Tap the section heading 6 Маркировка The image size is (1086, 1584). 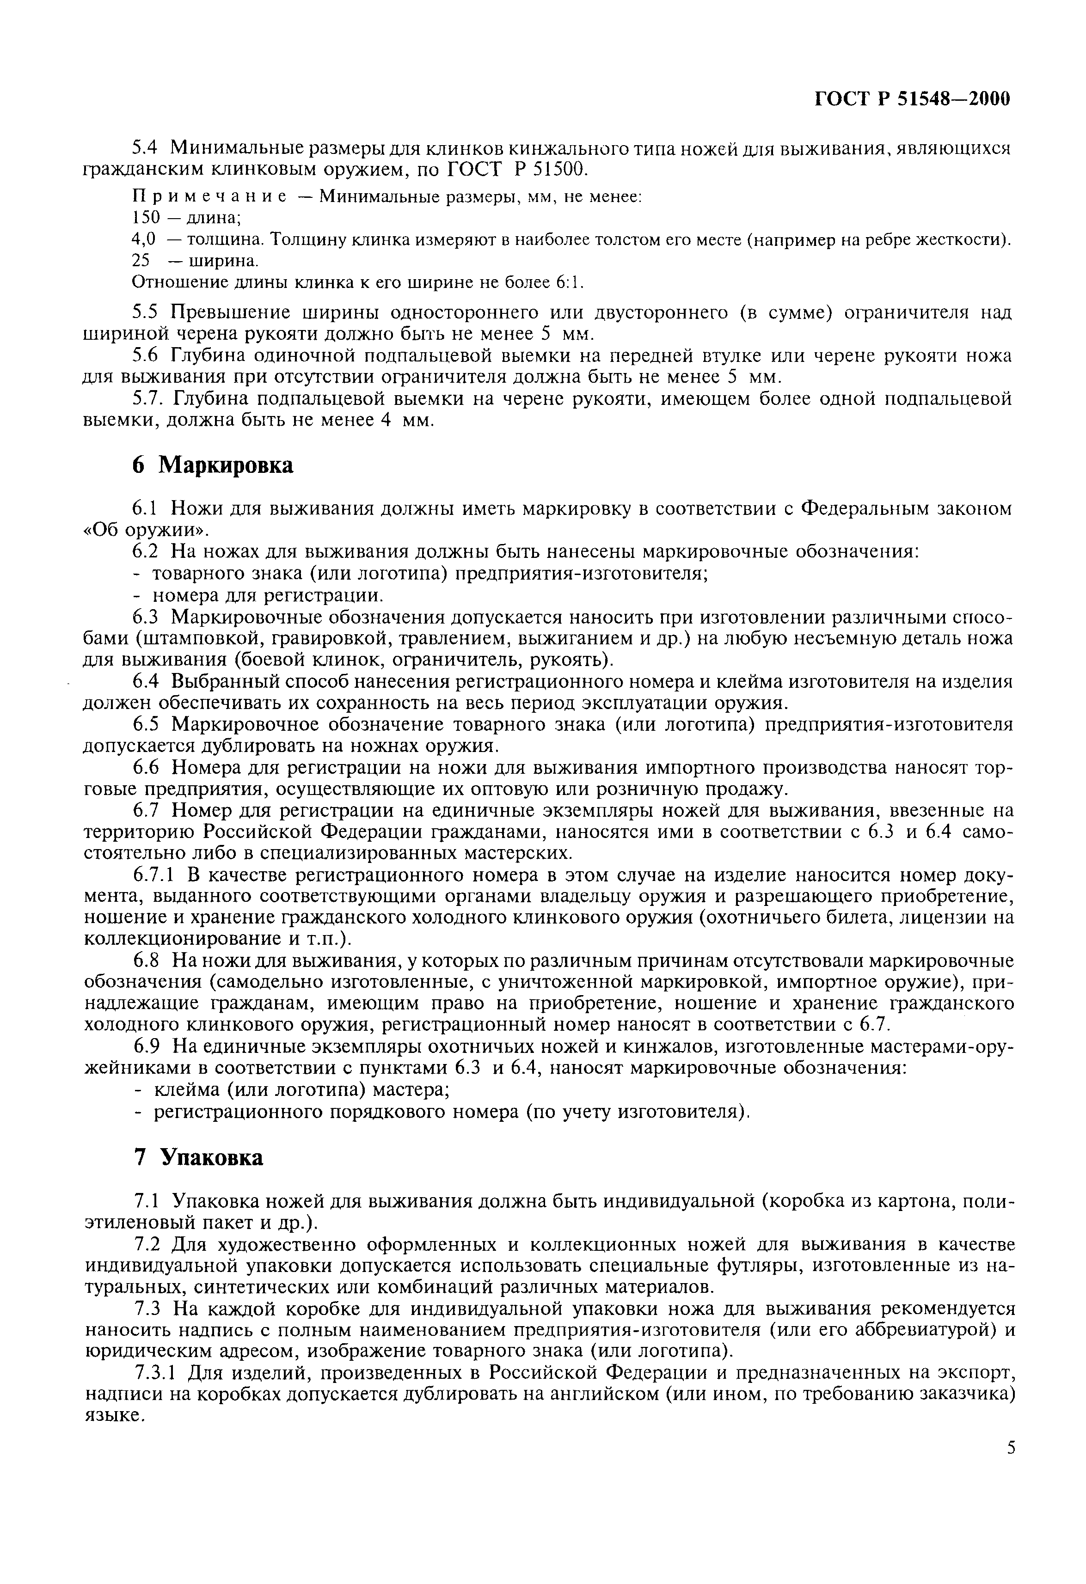click(213, 465)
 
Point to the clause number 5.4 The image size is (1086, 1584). click(144, 147)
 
